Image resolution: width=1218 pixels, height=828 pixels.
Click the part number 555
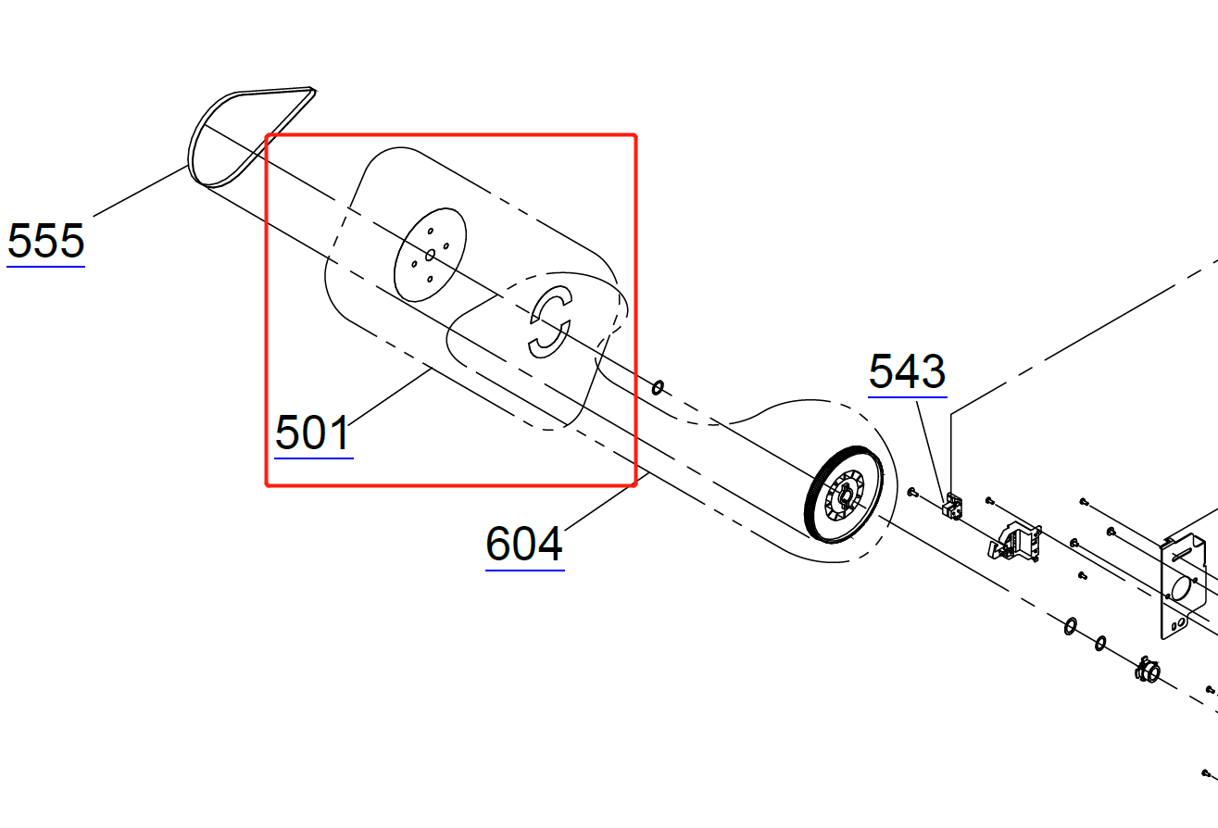[x=46, y=241]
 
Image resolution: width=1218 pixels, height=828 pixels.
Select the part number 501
[x=313, y=433]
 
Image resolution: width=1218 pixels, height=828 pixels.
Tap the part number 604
[x=524, y=544]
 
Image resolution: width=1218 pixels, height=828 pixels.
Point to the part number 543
[x=908, y=371]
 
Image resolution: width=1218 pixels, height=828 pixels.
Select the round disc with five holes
[x=430, y=255]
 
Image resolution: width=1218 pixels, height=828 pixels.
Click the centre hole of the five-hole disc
[x=430, y=255]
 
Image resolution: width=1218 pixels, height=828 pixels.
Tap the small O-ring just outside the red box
[x=658, y=388]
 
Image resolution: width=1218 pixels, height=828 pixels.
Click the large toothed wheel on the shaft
[x=844, y=495]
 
